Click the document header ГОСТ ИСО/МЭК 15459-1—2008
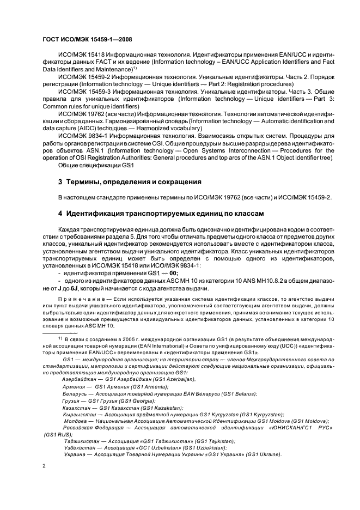coord(87,39)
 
